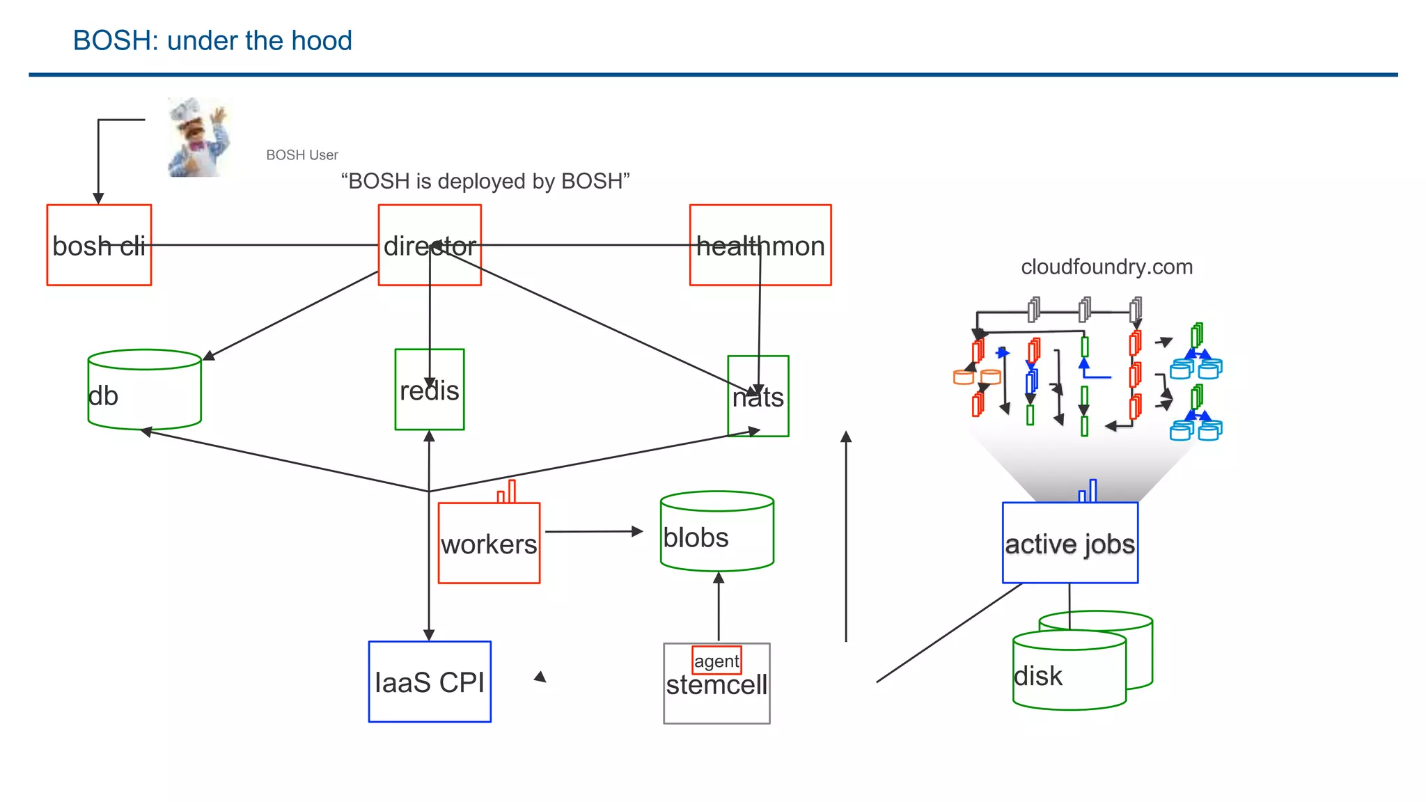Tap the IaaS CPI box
pos(430,682)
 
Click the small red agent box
pos(716,661)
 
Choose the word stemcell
pos(716,686)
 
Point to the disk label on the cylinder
pos(1038,676)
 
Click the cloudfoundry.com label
pos(1106,267)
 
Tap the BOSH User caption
pos(302,155)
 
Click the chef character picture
pos(198,138)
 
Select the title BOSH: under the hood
pos(212,40)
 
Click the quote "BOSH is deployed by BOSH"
pos(485,181)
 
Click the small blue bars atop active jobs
pos(1088,492)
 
